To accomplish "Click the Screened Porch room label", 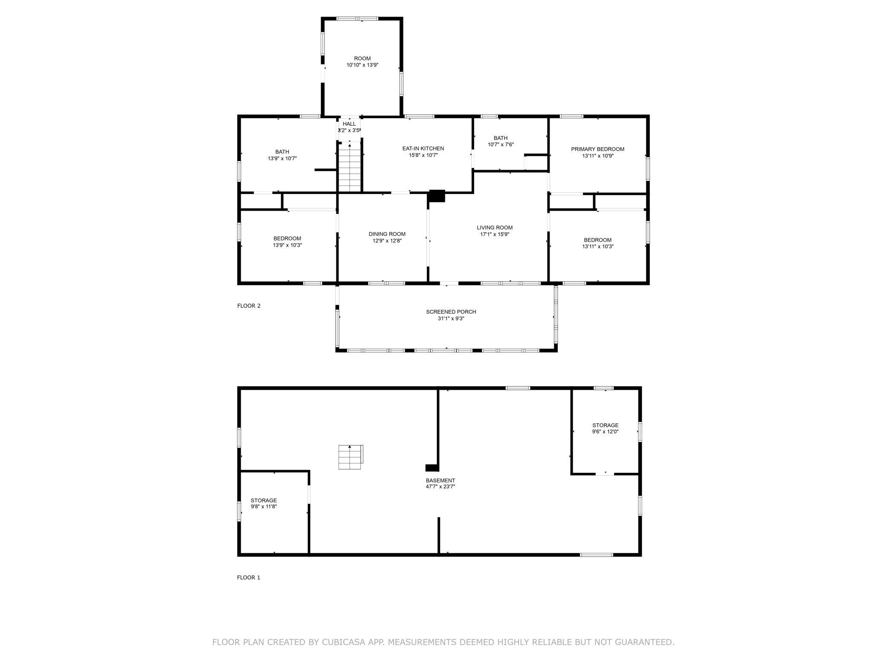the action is point(451,312).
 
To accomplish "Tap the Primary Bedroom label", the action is point(597,149).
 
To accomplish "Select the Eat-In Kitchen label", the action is point(423,148).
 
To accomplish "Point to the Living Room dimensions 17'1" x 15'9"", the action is point(495,234).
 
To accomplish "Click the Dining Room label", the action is point(387,234).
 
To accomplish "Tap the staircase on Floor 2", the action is point(350,168).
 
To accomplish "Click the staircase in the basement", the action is point(351,457).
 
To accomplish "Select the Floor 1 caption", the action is point(249,578).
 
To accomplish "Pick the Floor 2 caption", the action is point(249,306).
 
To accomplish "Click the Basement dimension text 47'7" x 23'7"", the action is point(441,486).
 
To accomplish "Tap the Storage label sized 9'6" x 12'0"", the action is point(605,425).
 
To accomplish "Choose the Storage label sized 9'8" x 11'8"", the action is point(264,500).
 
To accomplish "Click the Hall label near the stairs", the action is point(349,124).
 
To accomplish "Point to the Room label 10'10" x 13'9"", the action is point(362,58).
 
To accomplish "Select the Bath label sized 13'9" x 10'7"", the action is point(282,152).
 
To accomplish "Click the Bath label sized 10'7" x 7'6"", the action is point(501,138).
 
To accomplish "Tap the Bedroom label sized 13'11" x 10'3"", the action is point(597,240).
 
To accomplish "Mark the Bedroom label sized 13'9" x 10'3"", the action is point(287,239).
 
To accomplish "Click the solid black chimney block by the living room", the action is point(436,196).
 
